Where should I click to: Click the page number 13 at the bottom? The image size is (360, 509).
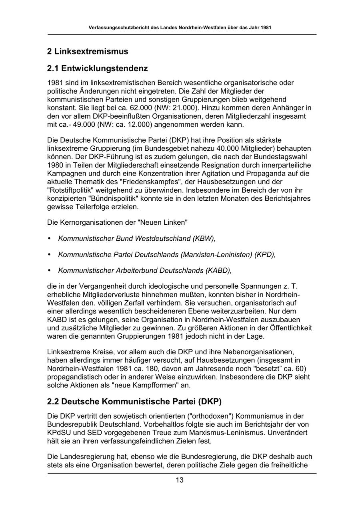[180, 480]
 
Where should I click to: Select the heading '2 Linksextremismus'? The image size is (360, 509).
[88, 52]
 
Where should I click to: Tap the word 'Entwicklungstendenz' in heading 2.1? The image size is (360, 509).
[105, 68]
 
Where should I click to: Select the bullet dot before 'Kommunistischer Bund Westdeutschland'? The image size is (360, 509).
[49, 239]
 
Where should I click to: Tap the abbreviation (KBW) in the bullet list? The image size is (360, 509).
[204, 239]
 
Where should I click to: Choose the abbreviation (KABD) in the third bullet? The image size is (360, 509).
[218, 270]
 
